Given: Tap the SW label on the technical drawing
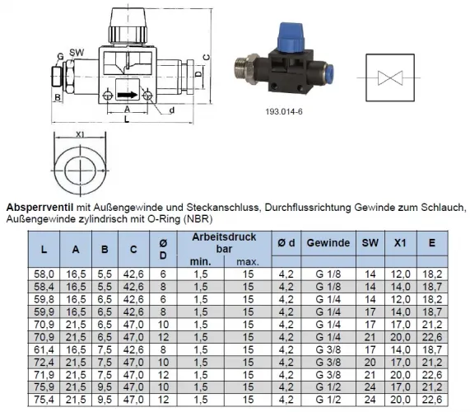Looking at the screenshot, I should (77, 51).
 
